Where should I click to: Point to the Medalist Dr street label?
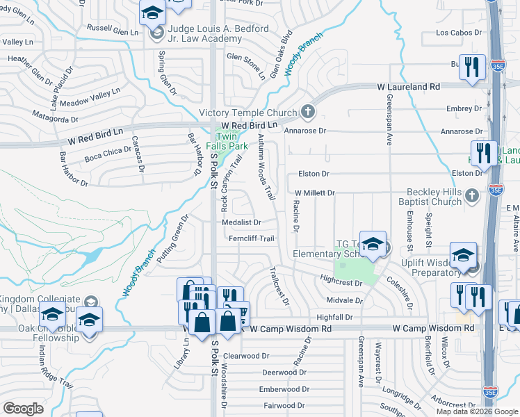[241, 223]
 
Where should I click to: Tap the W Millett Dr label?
[315, 193]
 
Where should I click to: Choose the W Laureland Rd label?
[409, 87]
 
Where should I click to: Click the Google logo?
[23, 409]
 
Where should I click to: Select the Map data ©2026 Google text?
[477, 411]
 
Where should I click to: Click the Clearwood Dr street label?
[246, 355]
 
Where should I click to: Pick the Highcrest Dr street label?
[341, 283]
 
